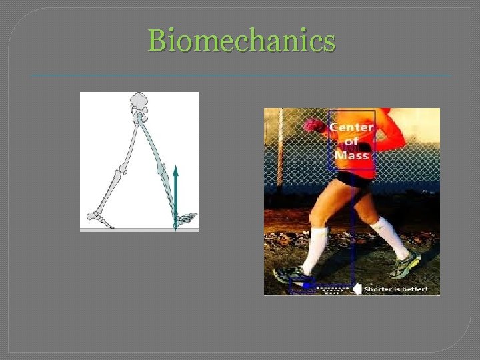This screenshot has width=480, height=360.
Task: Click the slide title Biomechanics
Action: (242, 41)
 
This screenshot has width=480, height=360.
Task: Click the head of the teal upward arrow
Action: (176, 171)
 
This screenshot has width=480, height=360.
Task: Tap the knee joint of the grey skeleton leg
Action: (119, 175)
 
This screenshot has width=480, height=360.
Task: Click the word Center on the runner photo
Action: (351, 127)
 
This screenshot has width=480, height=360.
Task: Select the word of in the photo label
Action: (351, 141)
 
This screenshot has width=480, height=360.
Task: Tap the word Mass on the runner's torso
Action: (351, 155)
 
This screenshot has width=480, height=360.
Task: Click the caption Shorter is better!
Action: (401, 289)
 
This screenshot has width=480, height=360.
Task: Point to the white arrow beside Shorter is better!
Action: (357, 289)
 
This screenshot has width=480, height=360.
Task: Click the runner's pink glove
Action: (314, 125)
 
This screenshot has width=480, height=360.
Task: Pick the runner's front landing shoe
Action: (293, 275)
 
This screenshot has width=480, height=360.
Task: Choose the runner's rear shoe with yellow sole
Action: (406, 266)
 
